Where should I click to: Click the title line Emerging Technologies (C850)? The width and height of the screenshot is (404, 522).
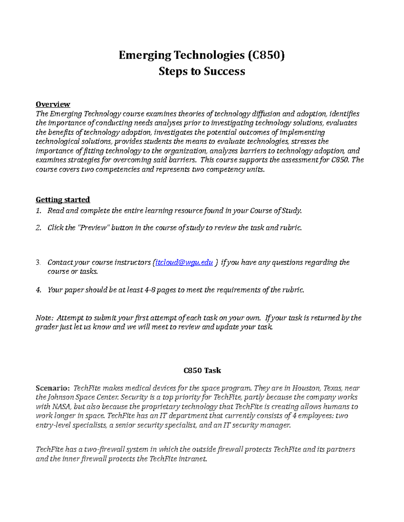point(202,55)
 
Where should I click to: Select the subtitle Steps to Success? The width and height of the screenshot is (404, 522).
point(202,71)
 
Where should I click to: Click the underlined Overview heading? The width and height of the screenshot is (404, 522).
point(53,104)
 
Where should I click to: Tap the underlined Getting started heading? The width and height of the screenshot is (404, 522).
point(63,200)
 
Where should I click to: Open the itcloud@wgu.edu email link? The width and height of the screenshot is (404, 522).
point(184,263)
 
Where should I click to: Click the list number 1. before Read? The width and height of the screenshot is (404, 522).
point(38,211)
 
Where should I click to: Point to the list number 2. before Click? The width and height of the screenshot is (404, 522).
point(38,228)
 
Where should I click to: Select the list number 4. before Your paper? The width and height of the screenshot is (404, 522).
point(38,290)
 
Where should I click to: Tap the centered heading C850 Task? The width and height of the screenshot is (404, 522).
point(202,370)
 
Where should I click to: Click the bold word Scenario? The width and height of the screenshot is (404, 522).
point(53,388)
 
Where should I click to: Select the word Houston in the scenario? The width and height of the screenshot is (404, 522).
point(306,388)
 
